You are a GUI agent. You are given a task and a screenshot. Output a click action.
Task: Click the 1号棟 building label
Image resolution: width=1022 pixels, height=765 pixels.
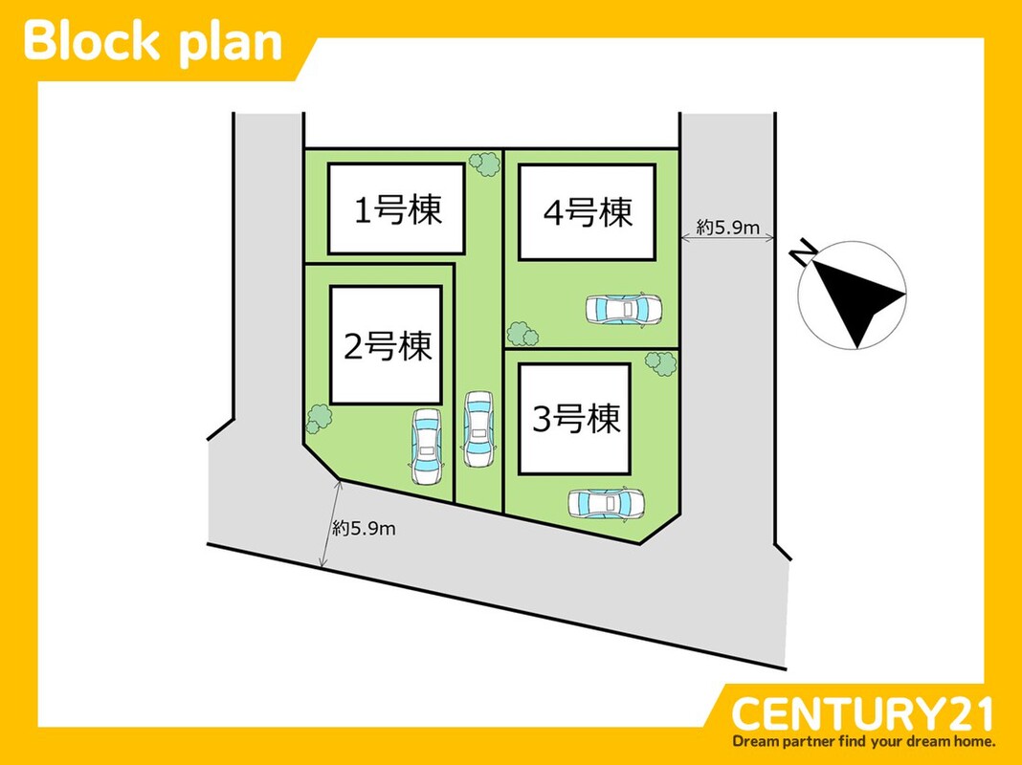pos(398,210)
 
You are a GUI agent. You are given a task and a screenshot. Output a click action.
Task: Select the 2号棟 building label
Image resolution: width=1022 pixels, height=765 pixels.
pos(388,346)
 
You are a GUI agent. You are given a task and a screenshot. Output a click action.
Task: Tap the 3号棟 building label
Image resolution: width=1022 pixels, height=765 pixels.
pos(576,419)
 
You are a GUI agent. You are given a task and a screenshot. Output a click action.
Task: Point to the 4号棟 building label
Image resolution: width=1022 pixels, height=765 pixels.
pos(588,212)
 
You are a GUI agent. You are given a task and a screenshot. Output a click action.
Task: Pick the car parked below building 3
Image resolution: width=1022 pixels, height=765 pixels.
pos(606,503)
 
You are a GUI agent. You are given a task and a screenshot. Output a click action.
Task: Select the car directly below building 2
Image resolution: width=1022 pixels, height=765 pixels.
pos(426,446)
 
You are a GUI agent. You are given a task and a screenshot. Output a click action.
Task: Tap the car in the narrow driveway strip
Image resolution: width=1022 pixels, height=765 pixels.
pos(478,429)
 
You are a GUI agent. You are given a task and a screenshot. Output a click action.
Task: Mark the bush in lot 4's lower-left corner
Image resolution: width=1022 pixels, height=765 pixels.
pos(522,335)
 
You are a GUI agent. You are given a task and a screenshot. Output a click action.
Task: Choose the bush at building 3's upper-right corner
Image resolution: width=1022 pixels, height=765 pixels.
pos(660,363)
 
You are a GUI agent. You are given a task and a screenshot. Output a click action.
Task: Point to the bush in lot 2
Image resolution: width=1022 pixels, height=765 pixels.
pos(319,418)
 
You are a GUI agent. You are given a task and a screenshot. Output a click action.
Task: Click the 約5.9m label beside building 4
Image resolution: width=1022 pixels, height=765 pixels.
pos(727,228)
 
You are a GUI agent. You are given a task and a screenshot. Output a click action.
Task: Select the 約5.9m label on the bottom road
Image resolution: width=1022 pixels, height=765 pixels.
pos(364,528)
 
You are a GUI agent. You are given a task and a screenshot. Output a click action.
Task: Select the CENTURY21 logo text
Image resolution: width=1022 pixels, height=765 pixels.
pos(862,714)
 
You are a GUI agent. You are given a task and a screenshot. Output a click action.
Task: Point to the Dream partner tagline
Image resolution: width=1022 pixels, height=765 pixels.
pos(864,741)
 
